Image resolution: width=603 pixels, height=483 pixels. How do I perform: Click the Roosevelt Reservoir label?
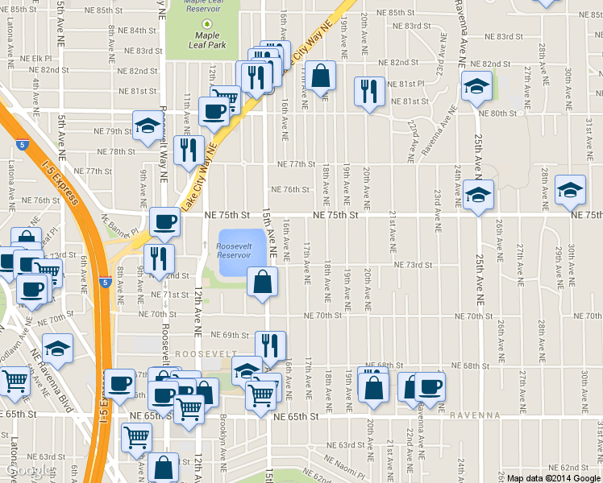pos(234,250)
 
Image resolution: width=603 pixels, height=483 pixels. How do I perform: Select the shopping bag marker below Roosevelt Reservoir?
pos(263,283)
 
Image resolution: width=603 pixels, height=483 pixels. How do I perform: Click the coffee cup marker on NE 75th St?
pos(165,221)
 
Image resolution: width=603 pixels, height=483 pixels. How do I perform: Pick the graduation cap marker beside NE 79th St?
pos(148,126)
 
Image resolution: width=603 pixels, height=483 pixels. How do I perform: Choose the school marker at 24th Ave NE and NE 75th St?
pos(478,195)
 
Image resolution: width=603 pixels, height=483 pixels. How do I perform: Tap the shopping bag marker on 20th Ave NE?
pos(373,387)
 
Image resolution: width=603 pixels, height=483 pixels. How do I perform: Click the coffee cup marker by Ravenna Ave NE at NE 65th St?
pos(430,386)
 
